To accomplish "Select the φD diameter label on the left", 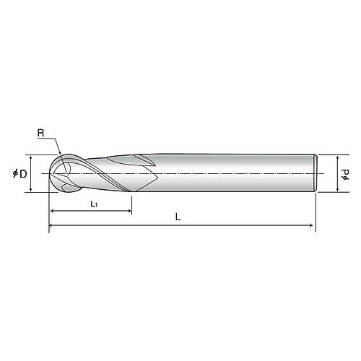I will click(19, 173).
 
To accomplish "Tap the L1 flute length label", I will click(94, 204).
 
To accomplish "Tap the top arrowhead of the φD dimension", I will click(30, 157).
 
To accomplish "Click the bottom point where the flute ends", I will click(132, 191).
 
